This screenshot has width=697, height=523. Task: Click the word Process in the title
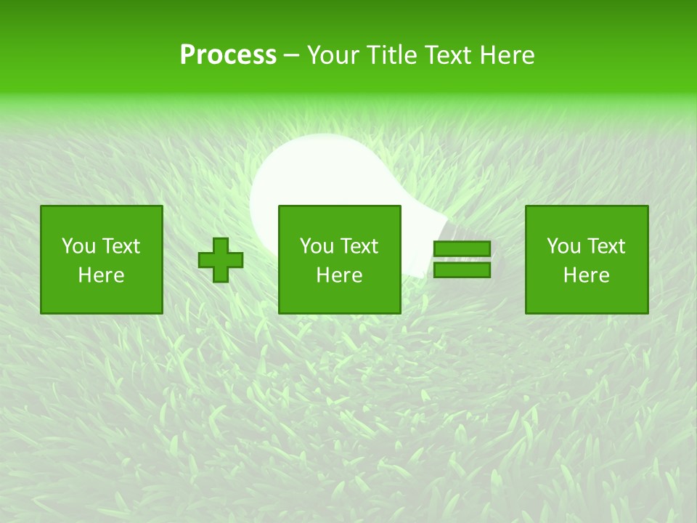(228, 54)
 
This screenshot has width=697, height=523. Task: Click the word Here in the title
(508, 54)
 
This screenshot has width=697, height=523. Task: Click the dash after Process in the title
(291, 56)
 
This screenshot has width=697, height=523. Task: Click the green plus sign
(221, 260)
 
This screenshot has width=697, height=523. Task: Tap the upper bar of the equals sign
(462, 249)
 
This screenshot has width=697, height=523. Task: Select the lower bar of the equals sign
(462, 270)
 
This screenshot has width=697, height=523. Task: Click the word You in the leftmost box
(78, 246)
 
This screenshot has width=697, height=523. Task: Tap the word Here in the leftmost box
(101, 275)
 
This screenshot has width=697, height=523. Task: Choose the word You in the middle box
(316, 246)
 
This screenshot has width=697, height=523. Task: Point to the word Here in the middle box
(339, 275)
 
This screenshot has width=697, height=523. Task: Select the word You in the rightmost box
(563, 246)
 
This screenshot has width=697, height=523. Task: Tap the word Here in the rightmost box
(586, 275)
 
